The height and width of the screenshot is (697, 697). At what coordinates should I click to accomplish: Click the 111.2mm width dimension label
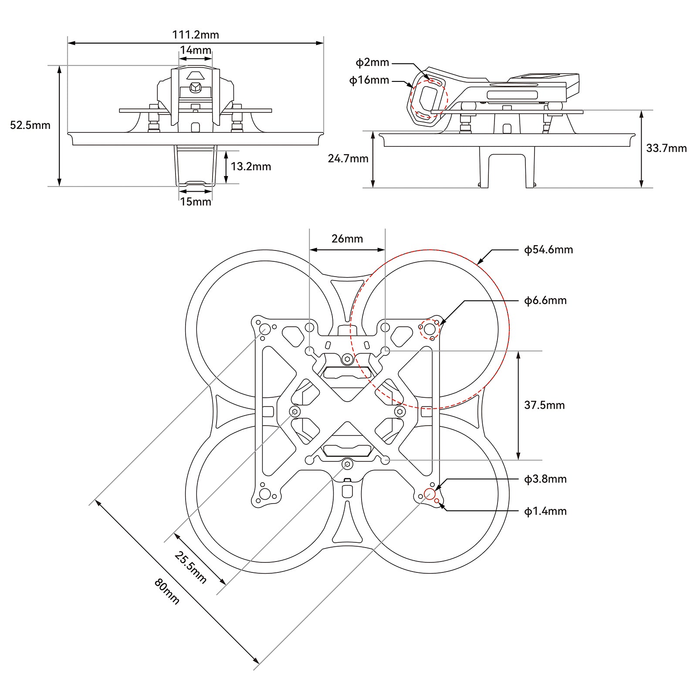click(x=196, y=35)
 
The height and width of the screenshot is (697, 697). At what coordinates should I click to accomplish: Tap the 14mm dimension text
click(x=196, y=50)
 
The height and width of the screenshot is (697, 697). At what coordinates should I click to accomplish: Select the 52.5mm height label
click(x=30, y=125)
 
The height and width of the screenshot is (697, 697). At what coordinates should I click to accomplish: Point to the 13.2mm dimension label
click(x=250, y=166)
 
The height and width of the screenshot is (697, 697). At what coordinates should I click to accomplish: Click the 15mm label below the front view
click(x=196, y=202)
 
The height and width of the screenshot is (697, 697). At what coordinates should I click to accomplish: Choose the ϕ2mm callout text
click(x=372, y=63)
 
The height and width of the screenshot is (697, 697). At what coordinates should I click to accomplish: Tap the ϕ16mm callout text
click(x=369, y=80)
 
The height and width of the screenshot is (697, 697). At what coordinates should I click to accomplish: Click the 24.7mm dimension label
click(x=348, y=159)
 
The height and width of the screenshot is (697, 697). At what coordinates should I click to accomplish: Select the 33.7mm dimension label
click(x=666, y=148)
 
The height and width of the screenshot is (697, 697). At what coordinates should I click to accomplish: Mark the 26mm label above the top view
click(x=347, y=239)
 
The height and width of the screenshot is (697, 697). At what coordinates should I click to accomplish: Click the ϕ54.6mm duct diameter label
click(x=548, y=250)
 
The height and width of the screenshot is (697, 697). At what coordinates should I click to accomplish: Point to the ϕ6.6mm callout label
click(x=545, y=301)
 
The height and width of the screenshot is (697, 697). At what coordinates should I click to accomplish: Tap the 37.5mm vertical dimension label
click(x=544, y=405)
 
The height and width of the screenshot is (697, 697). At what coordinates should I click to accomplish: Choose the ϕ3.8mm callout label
click(x=545, y=479)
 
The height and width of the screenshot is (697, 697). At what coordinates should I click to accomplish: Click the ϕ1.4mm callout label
click(x=545, y=511)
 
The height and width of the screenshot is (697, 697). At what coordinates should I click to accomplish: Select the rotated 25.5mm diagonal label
click(x=190, y=567)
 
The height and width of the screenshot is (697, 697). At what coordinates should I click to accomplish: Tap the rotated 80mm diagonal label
click(x=167, y=591)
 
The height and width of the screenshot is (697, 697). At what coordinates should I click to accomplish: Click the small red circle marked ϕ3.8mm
click(x=429, y=494)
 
